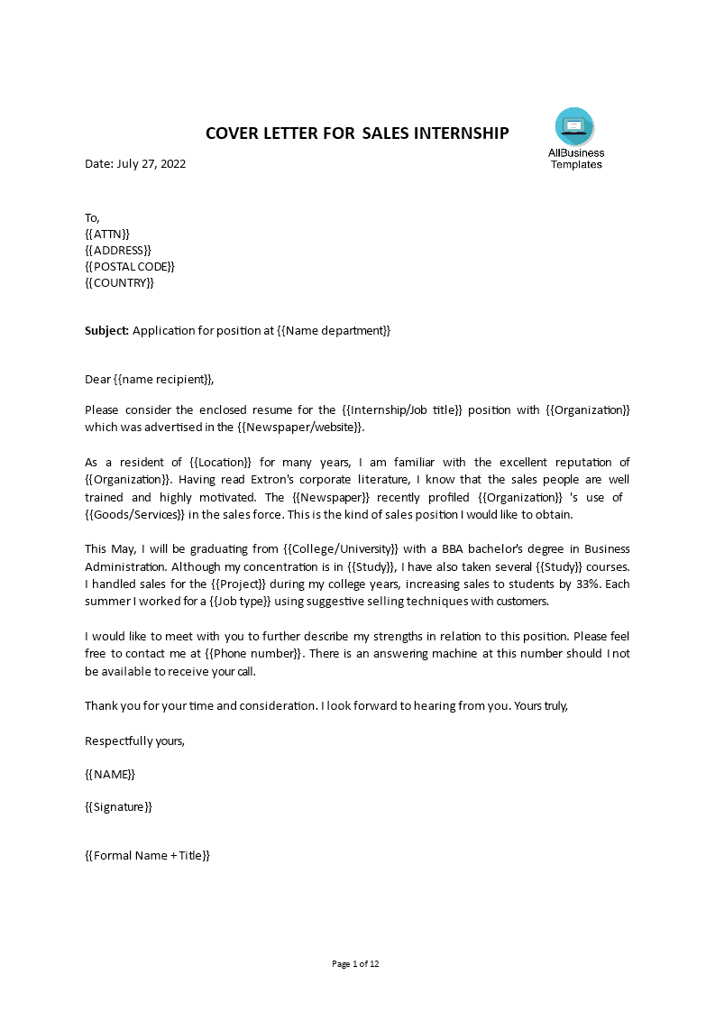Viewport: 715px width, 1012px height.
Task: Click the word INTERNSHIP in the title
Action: click(461, 133)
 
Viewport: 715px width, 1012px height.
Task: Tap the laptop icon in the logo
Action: click(574, 125)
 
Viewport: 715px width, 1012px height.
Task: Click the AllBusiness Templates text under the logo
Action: click(576, 159)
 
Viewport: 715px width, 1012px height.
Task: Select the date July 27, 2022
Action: click(151, 164)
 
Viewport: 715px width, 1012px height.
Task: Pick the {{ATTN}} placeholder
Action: click(107, 234)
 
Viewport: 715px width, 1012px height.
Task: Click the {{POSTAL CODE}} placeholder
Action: click(130, 266)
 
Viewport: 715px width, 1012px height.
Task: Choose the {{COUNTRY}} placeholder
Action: click(120, 282)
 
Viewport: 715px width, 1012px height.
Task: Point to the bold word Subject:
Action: click(107, 331)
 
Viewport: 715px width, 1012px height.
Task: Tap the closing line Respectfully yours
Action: click(134, 741)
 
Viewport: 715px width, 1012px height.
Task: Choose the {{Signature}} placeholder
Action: click(118, 807)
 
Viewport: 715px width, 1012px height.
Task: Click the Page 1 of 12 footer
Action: click(356, 964)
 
